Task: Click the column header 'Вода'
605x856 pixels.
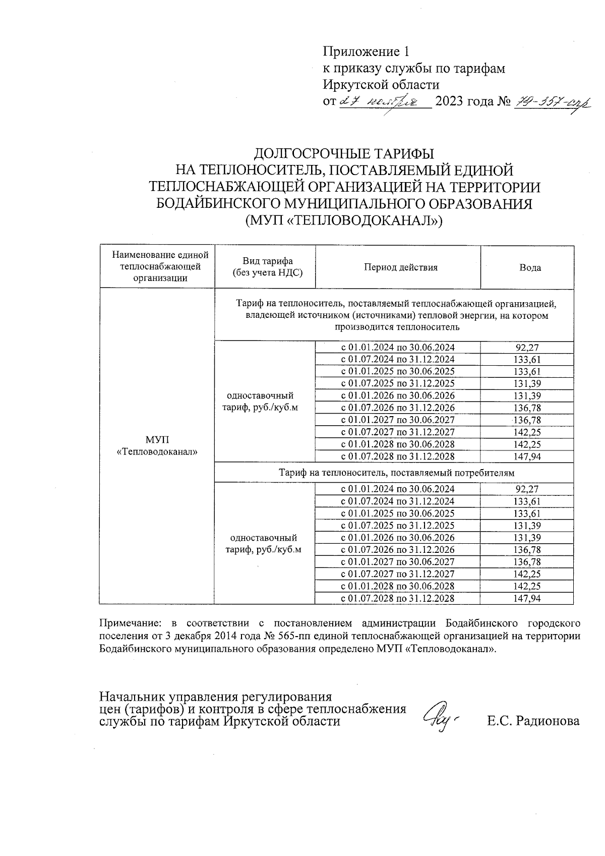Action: click(530, 267)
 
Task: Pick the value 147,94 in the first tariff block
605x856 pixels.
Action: click(528, 456)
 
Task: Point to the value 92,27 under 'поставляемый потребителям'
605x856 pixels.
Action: click(528, 489)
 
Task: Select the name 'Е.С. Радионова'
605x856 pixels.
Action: click(533, 721)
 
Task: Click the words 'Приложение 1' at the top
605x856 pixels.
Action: click(366, 52)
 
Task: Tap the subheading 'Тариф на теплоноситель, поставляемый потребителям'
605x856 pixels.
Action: click(397, 473)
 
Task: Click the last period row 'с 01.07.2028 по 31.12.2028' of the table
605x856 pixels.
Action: click(398, 598)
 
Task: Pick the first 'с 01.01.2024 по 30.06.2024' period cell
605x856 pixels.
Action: click(398, 348)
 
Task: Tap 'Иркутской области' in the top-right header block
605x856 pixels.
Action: click(381, 85)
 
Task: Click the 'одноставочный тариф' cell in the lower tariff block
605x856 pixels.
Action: click(263, 543)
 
